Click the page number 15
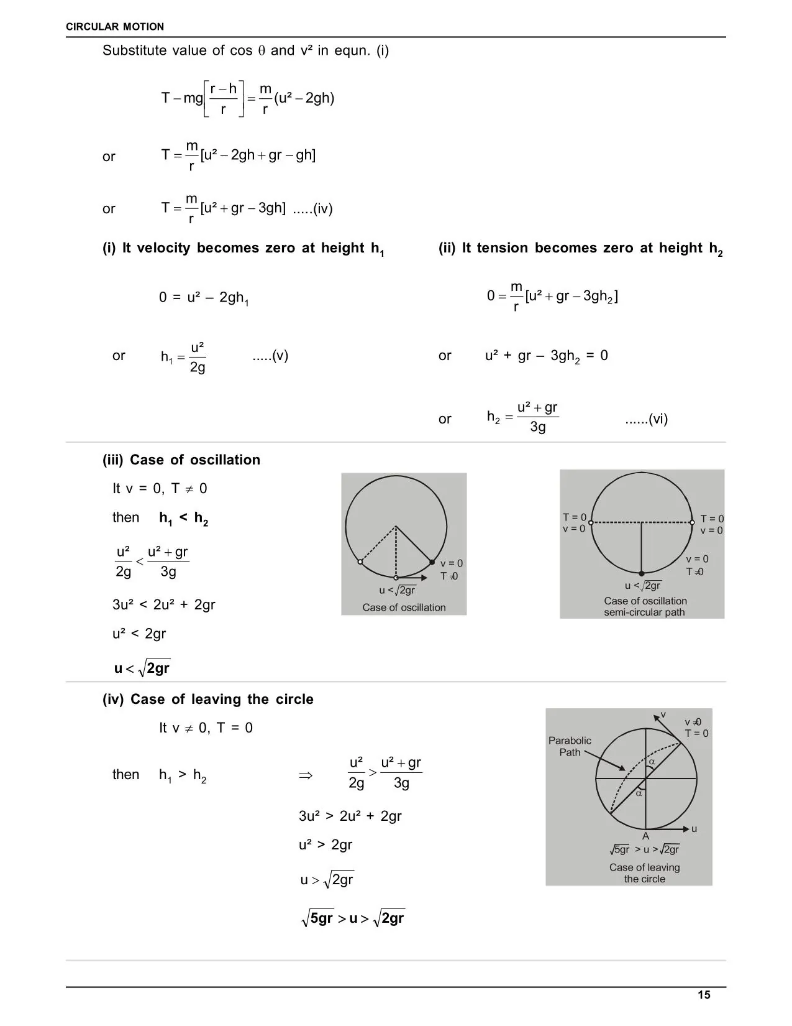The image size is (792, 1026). point(703,995)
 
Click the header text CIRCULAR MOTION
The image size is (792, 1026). point(115,27)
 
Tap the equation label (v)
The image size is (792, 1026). point(270,356)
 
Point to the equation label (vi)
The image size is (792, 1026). point(646,419)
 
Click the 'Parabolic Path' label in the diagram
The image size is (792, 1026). point(570,746)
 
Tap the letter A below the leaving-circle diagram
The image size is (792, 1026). point(645,836)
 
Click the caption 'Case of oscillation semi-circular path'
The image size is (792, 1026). point(645,606)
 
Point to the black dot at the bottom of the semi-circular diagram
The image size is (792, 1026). point(642,573)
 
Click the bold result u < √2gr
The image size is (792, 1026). point(142,668)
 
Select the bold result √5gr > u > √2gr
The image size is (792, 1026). point(352,918)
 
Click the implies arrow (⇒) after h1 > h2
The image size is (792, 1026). point(305,775)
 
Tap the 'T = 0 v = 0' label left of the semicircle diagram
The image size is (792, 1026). point(574,523)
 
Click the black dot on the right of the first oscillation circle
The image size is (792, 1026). point(432,562)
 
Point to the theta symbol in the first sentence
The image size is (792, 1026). point(262,51)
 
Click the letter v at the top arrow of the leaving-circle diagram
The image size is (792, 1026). point(663,714)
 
